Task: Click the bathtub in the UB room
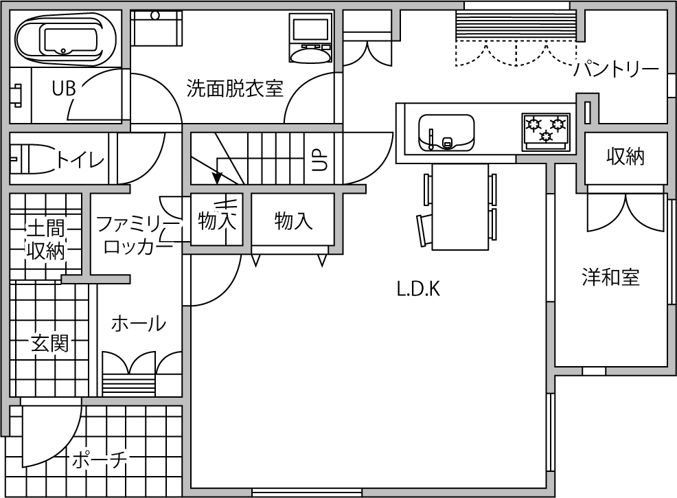[66, 39]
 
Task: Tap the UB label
[64, 89]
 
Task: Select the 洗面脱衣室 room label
[235, 88]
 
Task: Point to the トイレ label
[81, 161]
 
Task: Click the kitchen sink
[446, 133]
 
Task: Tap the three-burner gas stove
[546, 132]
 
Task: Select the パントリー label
[616, 69]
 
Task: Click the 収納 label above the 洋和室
[626, 157]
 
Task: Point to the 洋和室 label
[610, 278]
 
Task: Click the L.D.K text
[418, 289]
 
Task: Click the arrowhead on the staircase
[217, 178]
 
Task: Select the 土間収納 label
[45, 239]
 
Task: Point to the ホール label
[139, 324]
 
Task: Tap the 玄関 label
[49, 344]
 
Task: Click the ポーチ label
[100, 460]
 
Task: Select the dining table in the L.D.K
[460, 207]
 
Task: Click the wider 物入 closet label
[293, 220]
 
